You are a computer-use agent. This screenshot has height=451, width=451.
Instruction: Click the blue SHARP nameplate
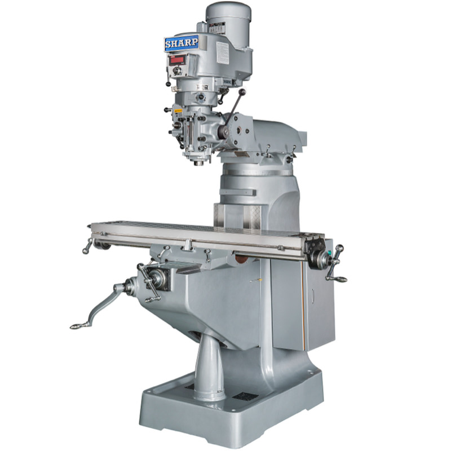pyautogui.click(x=182, y=43)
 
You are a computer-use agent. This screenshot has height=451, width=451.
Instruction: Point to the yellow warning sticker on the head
pyautogui.click(x=179, y=111)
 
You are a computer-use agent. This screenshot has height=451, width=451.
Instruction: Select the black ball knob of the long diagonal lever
pyautogui.click(x=243, y=91)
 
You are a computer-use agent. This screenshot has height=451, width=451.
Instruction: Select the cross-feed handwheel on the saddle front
pyautogui.click(x=150, y=282)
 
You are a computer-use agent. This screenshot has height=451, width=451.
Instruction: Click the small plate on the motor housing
pyautogui.click(x=216, y=28)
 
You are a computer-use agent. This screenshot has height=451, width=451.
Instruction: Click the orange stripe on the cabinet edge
pyautogui.click(x=304, y=304)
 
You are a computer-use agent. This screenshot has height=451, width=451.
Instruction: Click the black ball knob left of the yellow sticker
pyautogui.click(x=166, y=110)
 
